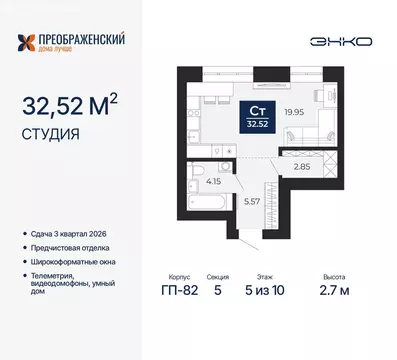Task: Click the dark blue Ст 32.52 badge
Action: pyautogui.click(x=257, y=116)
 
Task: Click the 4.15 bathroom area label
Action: pyautogui.click(x=212, y=182)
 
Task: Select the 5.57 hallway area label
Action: pyautogui.click(x=252, y=201)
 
